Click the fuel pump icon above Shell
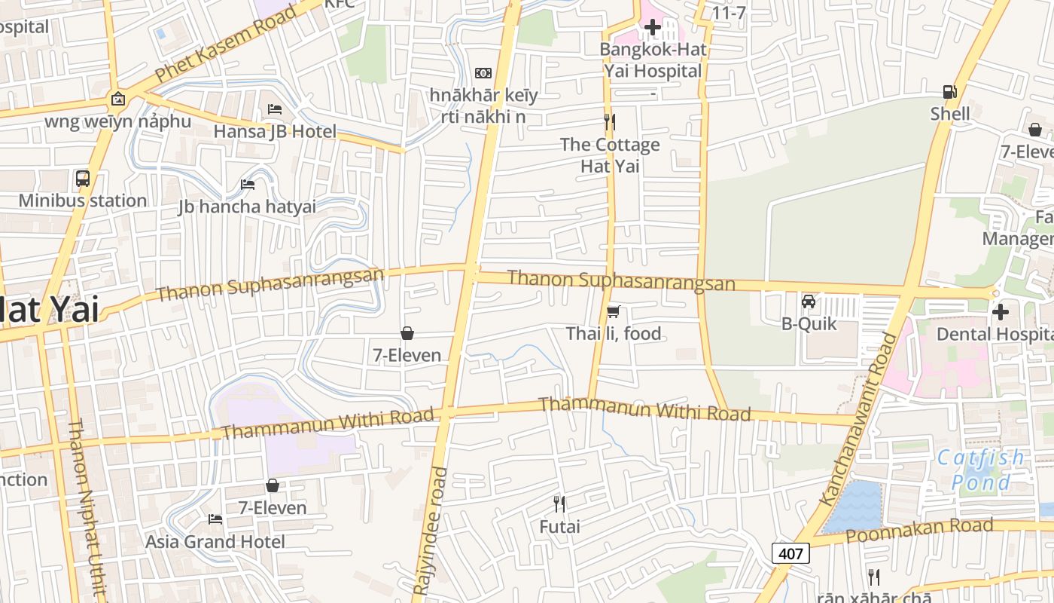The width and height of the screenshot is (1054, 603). click(950, 92)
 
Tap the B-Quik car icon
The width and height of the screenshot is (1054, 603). click(809, 301)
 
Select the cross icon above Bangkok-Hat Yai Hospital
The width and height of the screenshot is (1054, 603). click(653, 28)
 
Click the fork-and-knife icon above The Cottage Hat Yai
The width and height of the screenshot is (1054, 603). click(610, 121)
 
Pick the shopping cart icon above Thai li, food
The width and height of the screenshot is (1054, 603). click(614, 311)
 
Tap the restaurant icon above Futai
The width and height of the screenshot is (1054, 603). click(559, 504)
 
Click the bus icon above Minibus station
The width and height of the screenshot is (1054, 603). click(83, 179)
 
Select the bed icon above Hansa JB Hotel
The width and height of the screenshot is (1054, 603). click(275, 109)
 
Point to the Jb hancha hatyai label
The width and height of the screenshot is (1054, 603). click(247, 207)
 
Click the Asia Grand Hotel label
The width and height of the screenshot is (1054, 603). click(215, 542)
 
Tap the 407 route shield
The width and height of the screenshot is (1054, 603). click(790, 553)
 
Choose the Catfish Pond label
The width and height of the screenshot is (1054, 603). click(981, 470)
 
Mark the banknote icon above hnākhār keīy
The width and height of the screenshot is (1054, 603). click(483, 73)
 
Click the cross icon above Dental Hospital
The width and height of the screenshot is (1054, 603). click(1001, 311)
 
